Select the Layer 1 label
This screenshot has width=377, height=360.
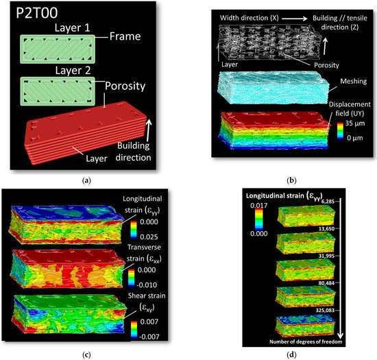(60, 28)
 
